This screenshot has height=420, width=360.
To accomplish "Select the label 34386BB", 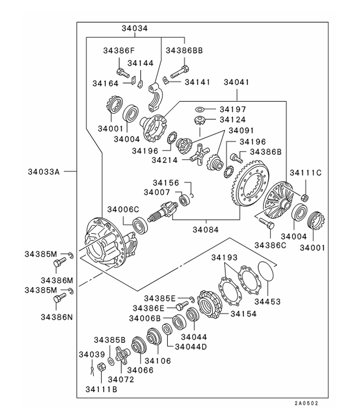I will [184, 51].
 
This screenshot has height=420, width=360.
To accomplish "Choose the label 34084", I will [205, 230].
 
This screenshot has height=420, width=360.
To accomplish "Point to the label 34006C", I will [124, 209].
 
